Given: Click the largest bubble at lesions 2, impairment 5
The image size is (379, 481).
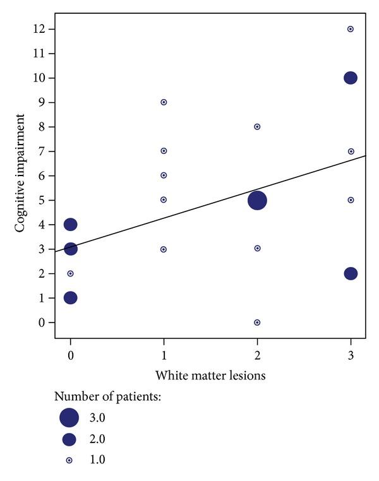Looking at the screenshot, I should [x=257, y=200].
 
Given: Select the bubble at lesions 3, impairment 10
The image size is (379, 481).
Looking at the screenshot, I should [x=351, y=78].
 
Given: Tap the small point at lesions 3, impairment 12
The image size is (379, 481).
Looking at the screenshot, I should [x=351, y=29].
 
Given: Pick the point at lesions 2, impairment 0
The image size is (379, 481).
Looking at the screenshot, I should [x=257, y=322].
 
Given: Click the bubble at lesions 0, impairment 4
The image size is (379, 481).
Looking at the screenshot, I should [x=70, y=224].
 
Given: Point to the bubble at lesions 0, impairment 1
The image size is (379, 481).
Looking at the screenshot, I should [x=70, y=297].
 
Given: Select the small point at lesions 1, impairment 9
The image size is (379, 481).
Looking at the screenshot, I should [x=164, y=102].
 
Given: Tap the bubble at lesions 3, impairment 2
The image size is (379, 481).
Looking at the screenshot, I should [x=351, y=273].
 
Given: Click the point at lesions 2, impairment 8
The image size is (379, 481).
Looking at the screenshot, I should [x=257, y=127].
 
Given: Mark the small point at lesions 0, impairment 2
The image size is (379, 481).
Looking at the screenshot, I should [x=70, y=273].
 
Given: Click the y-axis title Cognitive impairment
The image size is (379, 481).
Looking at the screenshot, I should [x=21, y=173].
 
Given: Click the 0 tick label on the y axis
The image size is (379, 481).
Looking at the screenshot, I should [x=42, y=323].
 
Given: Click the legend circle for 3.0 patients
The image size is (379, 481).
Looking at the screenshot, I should [x=69, y=417].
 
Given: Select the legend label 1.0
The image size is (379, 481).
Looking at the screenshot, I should [x=97, y=460].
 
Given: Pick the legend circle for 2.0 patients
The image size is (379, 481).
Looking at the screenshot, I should [x=69, y=439].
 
